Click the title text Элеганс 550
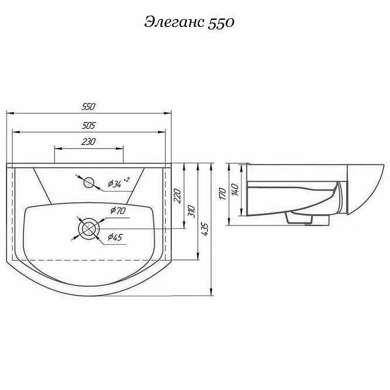coord(189,23)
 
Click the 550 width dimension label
coord(88,107)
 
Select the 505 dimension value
coord(88,125)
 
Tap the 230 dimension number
coord(88,142)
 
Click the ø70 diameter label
coord(118,211)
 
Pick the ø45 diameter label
coord(115,237)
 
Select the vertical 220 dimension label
coord(177,196)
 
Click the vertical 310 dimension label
coord(191,211)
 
